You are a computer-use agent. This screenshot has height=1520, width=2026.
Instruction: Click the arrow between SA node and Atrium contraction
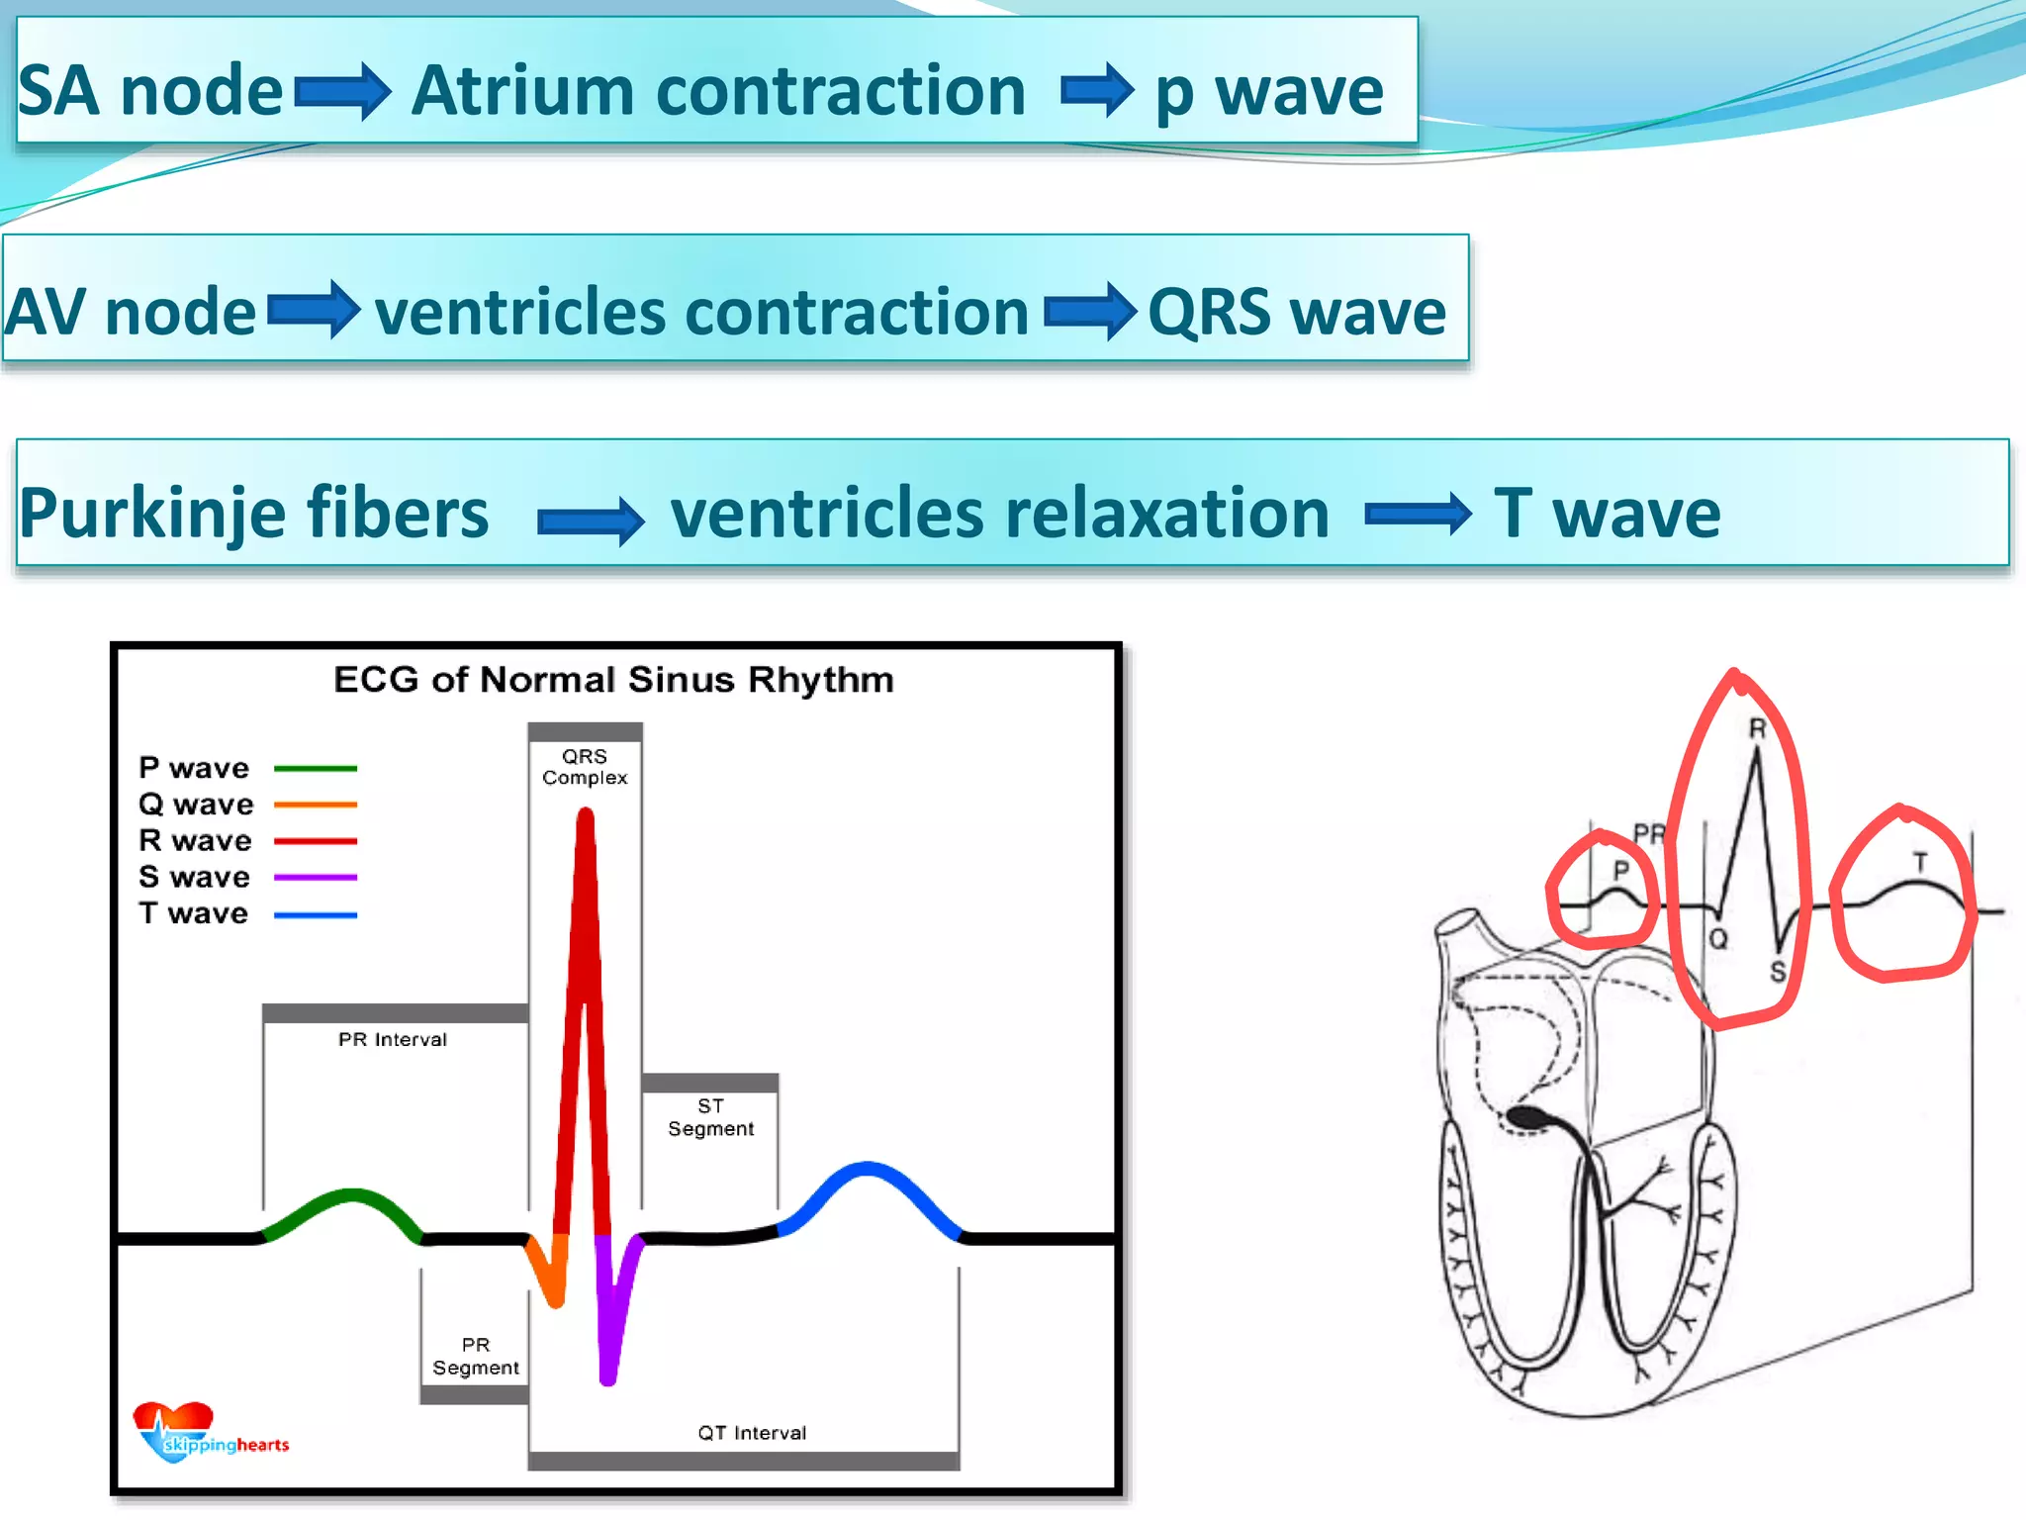[342, 92]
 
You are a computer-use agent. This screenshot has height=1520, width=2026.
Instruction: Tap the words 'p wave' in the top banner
[1269, 92]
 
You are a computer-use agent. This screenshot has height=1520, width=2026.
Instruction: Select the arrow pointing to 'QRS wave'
[1089, 312]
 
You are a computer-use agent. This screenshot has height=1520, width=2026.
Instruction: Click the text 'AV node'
[131, 312]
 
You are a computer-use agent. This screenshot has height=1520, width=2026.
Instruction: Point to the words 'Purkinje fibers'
[254, 513]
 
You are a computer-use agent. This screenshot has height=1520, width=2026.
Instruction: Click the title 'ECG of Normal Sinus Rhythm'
[613, 680]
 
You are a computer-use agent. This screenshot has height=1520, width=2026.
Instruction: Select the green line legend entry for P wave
[315, 769]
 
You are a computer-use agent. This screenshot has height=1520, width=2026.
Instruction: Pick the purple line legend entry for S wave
[315, 878]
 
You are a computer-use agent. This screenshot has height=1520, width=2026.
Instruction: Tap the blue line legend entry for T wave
[315, 915]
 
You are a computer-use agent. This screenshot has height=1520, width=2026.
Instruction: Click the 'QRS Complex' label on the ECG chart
[585, 767]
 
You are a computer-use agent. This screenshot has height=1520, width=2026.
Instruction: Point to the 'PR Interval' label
[393, 1039]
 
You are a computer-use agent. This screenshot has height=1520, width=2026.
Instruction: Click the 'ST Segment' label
[710, 1117]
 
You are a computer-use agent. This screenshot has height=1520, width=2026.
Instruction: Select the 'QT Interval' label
[752, 1433]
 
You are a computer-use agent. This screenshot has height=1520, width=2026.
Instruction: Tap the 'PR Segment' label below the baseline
[475, 1357]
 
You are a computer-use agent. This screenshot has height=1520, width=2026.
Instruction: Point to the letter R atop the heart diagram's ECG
[1757, 729]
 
